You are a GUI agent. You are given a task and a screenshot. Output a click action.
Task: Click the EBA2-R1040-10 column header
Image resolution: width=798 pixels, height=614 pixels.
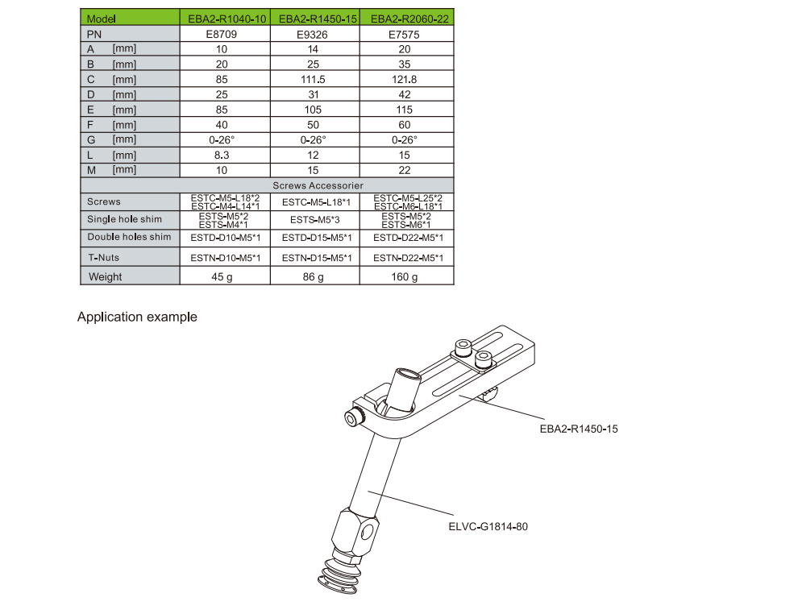tap(227, 19)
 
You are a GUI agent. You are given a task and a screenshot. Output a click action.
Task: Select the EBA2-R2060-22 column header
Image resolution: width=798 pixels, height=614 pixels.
tap(409, 19)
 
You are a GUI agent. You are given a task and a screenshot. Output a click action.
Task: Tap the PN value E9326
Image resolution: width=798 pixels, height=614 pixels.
tap(312, 35)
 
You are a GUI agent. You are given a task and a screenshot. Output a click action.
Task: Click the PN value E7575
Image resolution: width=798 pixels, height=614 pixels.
tap(404, 35)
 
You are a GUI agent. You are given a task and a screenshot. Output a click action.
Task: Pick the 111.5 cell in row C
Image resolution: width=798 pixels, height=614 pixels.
tap(313, 79)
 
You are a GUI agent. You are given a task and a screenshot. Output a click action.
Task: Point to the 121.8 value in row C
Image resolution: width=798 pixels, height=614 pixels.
tap(405, 79)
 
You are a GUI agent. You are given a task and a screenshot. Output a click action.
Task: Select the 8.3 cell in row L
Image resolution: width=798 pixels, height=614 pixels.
tap(222, 156)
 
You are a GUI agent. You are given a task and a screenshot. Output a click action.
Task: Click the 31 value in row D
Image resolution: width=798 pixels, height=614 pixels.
tap(314, 94)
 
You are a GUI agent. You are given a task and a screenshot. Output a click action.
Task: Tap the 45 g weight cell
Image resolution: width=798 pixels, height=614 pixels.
tap(222, 276)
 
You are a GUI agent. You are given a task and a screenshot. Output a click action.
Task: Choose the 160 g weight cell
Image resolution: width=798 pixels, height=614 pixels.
tap(405, 276)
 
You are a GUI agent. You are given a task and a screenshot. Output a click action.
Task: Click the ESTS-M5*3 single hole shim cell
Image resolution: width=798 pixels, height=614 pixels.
tap(315, 220)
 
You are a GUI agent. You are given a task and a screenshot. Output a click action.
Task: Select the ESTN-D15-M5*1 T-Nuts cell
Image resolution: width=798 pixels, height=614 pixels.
tap(317, 258)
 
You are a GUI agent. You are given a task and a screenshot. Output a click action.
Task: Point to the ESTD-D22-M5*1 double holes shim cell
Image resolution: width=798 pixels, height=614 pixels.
tap(408, 238)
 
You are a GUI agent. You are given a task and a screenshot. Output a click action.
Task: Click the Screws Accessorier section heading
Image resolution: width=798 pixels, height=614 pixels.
tap(318, 185)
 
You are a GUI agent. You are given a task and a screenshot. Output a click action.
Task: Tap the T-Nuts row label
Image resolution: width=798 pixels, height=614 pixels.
tap(104, 257)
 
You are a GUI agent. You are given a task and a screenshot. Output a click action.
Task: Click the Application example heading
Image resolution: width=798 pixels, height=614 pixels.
tap(137, 317)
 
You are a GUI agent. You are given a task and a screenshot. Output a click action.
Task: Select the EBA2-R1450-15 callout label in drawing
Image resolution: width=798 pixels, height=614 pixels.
tap(579, 429)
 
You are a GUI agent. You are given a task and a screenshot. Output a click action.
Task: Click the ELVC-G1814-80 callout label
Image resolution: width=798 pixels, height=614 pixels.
tap(488, 526)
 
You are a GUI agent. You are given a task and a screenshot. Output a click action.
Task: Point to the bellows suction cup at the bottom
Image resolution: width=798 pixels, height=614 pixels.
tap(339, 575)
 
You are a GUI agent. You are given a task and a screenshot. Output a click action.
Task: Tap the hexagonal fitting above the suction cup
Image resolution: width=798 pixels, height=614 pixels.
tap(355, 533)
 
